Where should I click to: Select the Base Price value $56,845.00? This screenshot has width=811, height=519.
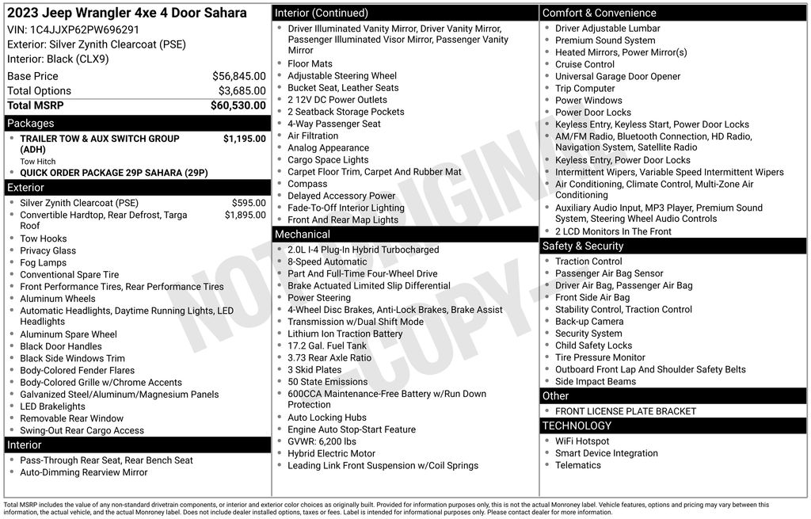(x=238, y=76)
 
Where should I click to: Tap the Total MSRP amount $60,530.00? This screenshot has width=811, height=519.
(x=238, y=105)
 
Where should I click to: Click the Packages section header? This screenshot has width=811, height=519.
(x=31, y=124)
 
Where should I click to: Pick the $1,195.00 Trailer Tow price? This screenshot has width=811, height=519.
(x=244, y=139)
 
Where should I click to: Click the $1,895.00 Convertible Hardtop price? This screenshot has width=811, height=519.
(x=245, y=215)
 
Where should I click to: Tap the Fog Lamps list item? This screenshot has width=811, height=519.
(x=44, y=263)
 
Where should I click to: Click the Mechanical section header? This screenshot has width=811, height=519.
(x=302, y=235)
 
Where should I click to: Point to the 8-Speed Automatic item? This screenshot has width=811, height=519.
(x=327, y=261)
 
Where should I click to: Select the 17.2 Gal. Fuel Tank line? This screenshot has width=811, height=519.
(x=327, y=345)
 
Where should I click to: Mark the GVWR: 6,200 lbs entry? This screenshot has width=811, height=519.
(x=322, y=441)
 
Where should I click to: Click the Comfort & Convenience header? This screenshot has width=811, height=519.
(x=599, y=13)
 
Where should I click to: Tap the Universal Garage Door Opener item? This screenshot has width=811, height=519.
(x=618, y=77)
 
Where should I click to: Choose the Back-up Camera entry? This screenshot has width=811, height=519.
(x=589, y=322)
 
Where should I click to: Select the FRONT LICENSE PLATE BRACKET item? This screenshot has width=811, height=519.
(x=626, y=411)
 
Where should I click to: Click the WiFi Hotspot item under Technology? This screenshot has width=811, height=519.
(x=582, y=441)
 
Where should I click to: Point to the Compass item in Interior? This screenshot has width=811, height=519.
(x=307, y=184)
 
